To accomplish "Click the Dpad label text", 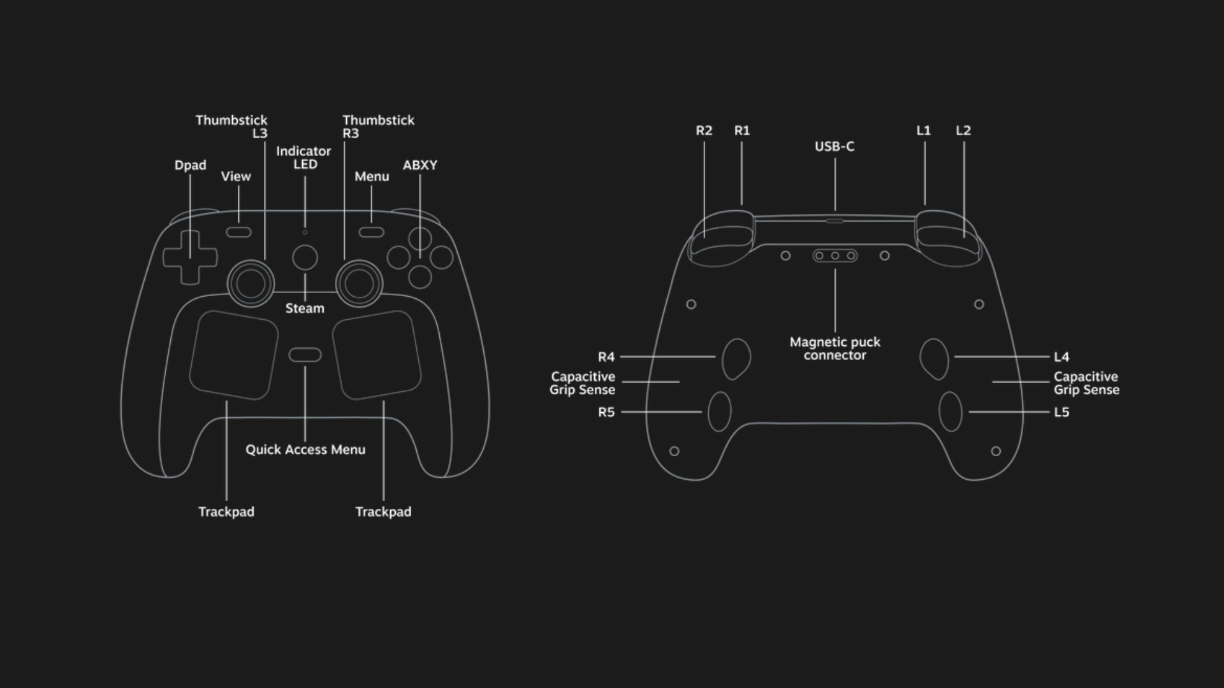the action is [x=190, y=166].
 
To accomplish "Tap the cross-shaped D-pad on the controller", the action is [x=190, y=257].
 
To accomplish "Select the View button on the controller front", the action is [x=238, y=232].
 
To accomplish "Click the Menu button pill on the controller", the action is [x=371, y=232].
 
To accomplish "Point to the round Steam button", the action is [x=305, y=257].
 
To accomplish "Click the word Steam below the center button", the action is [x=305, y=308].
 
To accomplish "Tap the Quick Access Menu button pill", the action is [x=305, y=355].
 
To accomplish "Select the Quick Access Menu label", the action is [x=305, y=450].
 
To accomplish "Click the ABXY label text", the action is [x=420, y=166].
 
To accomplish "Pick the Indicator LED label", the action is [x=303, y=157].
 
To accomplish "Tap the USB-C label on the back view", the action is [x=834, y=147].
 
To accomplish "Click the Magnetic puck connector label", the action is [x=835, y=348].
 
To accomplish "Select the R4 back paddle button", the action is [x=736, y=359].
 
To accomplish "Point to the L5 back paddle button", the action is [x=951, y=412].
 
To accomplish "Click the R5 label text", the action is [x=606, y=412].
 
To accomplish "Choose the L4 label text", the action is [x=1061, y=357].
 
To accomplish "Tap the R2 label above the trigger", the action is [x=704, y=131].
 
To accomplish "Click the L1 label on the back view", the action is [x=924, y=131].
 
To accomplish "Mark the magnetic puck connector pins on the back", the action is [x=834, y=256].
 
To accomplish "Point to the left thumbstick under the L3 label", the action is [x=251, y=283].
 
